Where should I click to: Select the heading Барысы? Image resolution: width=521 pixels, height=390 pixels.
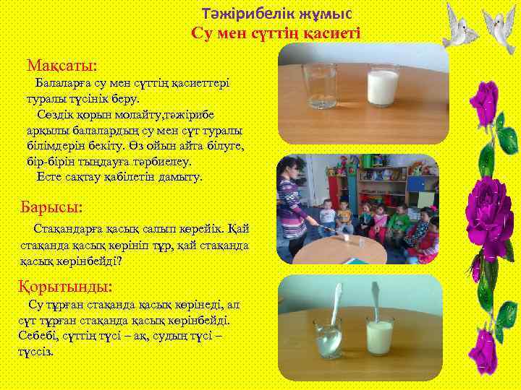54,208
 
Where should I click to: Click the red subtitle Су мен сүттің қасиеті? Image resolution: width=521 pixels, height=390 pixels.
275,33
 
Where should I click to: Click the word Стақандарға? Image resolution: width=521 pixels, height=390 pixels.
65,229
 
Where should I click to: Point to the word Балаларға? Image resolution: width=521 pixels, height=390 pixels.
65,84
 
